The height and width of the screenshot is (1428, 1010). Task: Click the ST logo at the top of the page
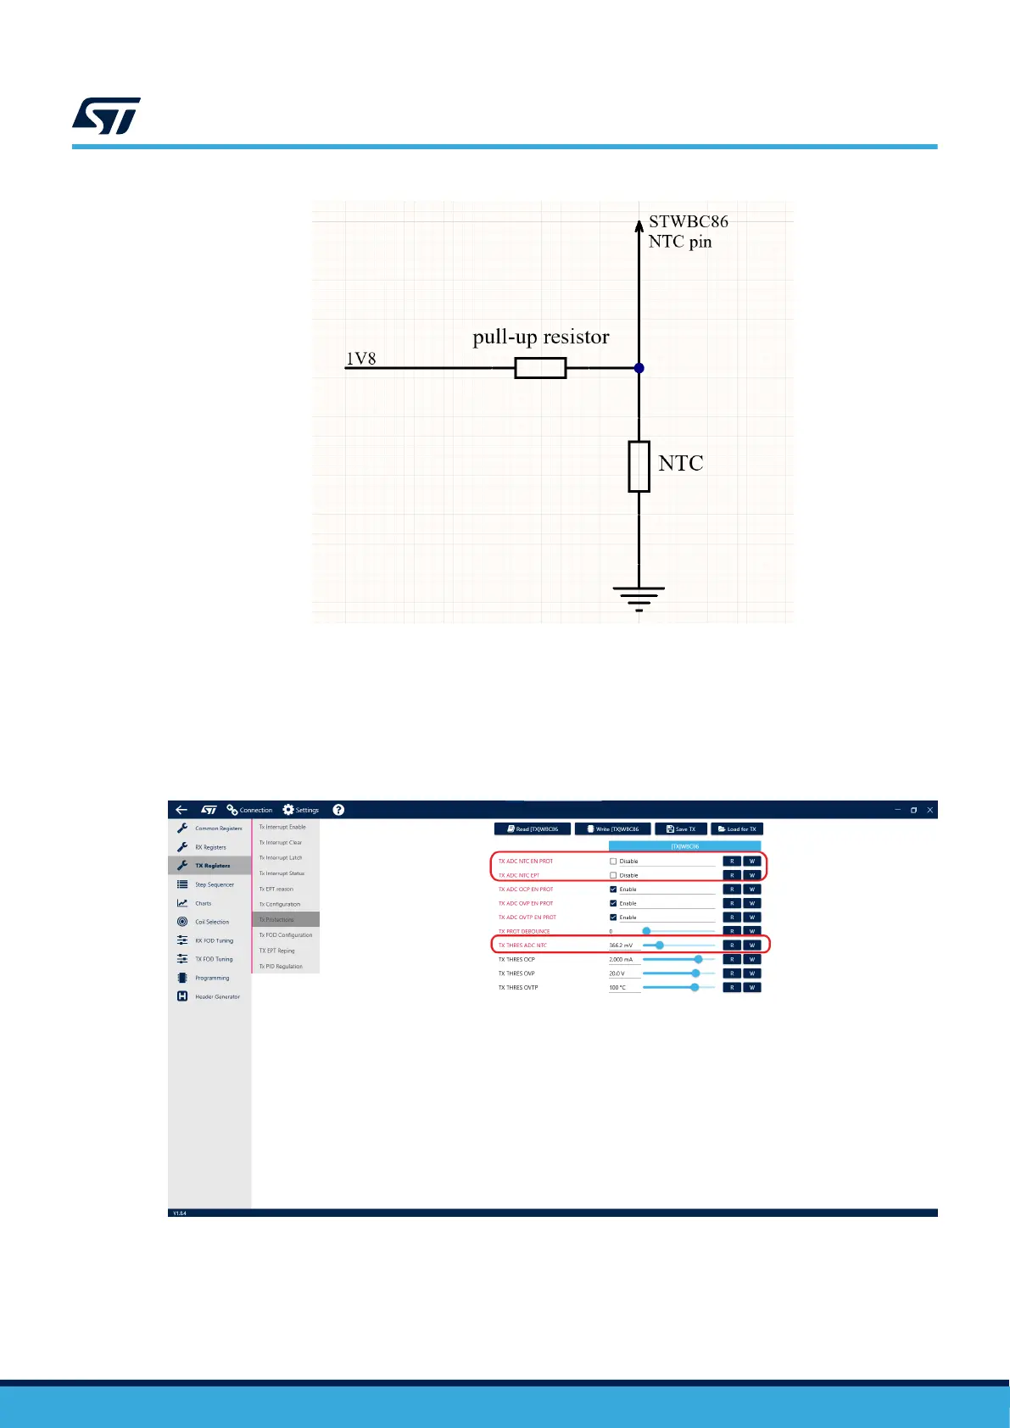pos(106,116)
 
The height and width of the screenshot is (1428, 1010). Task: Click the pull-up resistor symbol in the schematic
pos(540,368)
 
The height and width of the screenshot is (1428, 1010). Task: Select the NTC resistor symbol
pos(639,466)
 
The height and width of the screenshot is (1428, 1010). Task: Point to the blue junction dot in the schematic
pos(639,368)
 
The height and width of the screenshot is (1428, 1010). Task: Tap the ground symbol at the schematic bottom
pos(639,597)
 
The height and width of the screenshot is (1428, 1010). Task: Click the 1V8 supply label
pos(360,359)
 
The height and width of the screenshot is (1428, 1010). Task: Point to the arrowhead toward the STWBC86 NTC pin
pos(639,226)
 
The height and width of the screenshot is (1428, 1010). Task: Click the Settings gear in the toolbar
pos(288,810)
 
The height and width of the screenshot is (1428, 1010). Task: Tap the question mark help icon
pos(338,810)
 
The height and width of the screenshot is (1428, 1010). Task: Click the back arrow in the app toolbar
pos(181,810)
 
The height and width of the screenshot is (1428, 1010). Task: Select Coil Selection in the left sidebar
pos(211,922)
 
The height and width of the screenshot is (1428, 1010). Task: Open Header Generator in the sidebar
pos(217,996)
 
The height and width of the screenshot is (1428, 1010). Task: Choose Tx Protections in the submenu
pos(277,919)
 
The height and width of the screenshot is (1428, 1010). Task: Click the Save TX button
pos(681,829)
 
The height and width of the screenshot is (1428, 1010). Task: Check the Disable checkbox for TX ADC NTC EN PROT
pos(613,862)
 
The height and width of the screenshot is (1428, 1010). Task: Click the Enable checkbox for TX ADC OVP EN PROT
pos(613,903)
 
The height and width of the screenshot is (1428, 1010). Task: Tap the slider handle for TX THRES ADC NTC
pos(660,945)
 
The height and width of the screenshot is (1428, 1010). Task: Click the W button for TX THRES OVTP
pos(751,987)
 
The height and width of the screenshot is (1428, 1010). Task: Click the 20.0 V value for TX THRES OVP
pos(617,973)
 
